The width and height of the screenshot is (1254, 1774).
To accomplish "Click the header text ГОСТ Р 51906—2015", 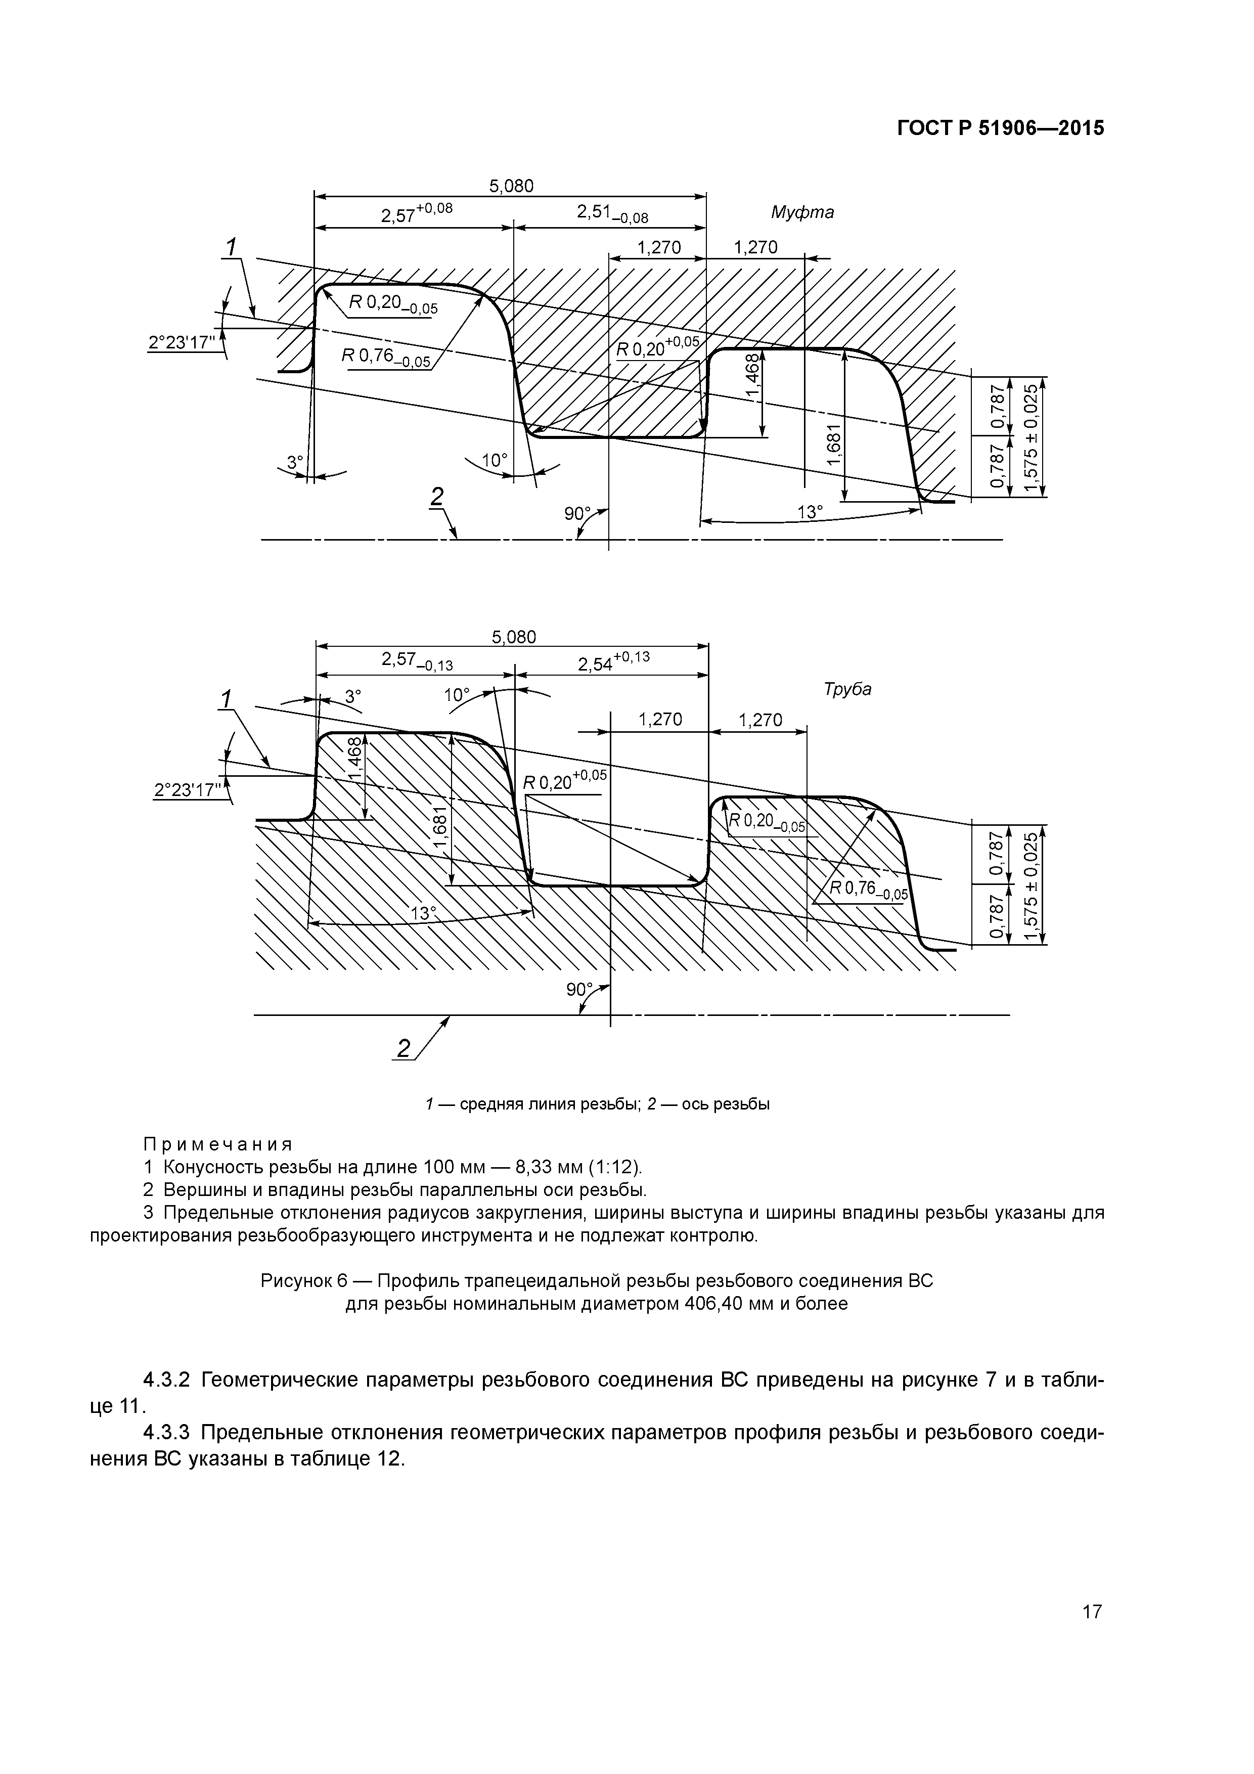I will (1001, 128).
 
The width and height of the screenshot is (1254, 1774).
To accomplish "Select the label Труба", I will (847, 689).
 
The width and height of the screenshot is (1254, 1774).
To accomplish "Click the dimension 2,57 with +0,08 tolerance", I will (416, 213).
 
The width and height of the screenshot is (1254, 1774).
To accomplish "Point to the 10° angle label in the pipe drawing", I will (457, 695).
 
